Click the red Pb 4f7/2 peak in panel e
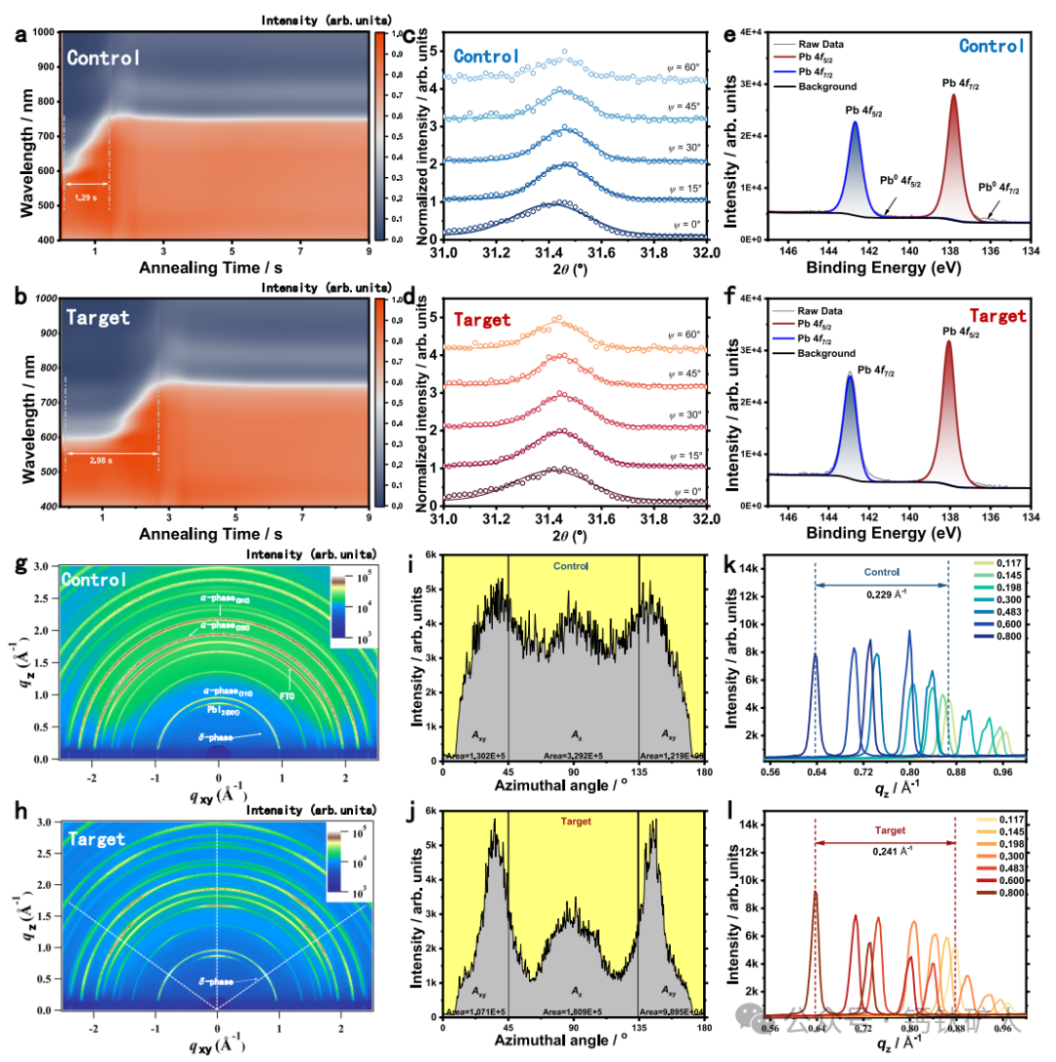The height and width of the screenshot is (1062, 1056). pos(952,147)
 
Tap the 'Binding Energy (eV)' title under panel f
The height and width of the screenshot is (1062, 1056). pos(884,535)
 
